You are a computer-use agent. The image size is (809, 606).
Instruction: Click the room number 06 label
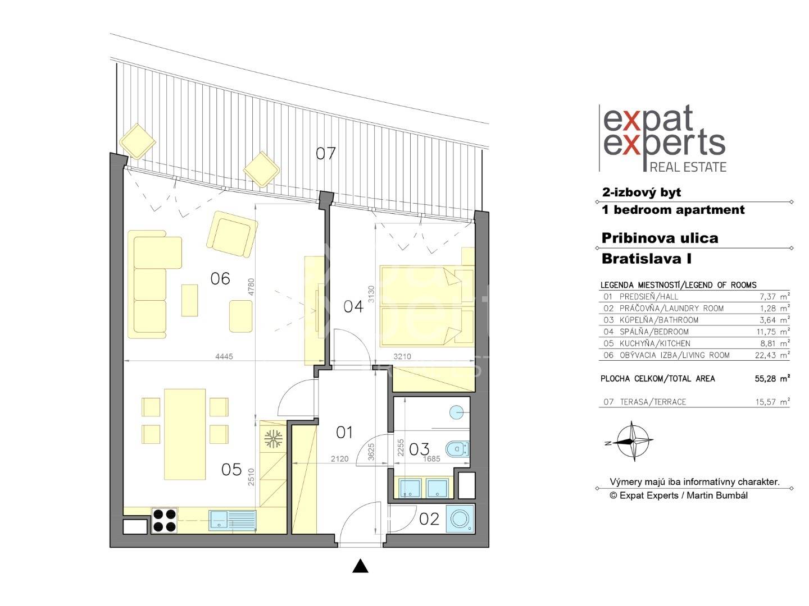[220, 278]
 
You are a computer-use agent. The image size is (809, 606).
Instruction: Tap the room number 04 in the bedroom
[353, 306]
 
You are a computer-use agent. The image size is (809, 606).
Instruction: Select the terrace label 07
[325, 153]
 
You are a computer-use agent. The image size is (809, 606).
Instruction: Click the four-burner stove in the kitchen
[165, 520]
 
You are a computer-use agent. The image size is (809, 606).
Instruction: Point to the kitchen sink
[233, 520]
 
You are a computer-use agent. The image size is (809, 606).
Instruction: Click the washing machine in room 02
[460, 519]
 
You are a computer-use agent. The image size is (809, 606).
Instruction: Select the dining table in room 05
[185, 434]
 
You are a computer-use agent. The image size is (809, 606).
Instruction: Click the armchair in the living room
[232, 234]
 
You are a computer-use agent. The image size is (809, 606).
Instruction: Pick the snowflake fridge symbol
[273, 439]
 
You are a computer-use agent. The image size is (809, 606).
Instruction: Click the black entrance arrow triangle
[360, 566]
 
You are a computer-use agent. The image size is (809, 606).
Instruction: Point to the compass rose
[633, 440]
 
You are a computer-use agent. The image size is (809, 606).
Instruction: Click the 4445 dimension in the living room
[224, 356]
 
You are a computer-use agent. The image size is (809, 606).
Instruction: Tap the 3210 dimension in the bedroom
[402, 356]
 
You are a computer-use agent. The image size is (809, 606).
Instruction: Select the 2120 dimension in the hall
[339, 459]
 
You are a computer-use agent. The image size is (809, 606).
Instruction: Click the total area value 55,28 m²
[772, 379]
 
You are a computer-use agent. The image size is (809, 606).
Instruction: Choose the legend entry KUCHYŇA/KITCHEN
[655, 343]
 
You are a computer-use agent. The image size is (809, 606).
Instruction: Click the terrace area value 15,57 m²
[772, 402]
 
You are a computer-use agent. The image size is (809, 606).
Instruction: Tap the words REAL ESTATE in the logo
[688, 167]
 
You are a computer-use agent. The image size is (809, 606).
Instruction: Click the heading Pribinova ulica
[660, 238]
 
